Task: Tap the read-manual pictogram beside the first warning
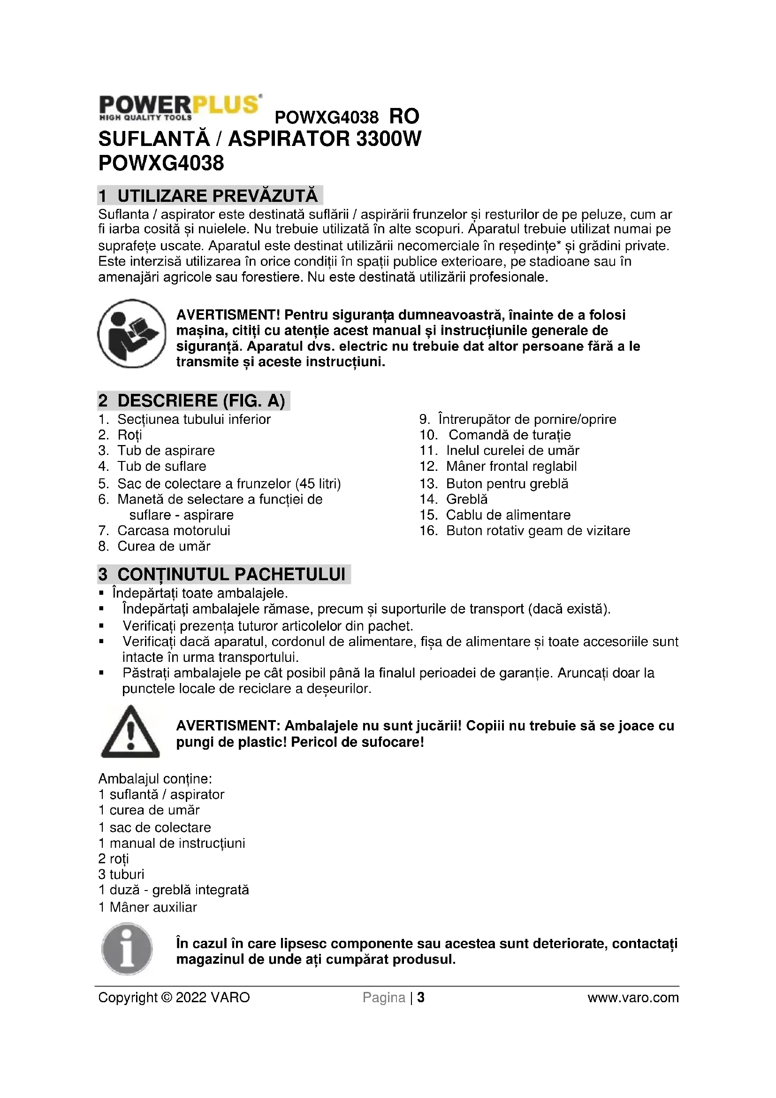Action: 132,333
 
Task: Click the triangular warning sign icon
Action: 130,732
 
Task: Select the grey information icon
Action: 127,949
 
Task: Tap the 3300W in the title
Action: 388,138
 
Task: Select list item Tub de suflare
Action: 161,466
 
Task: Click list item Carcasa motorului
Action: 174,530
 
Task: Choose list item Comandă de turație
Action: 510,435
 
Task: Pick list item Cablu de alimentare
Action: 508,514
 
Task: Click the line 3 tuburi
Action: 122,874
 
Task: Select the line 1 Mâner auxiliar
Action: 148,907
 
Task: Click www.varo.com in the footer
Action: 632,998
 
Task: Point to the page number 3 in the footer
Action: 420,998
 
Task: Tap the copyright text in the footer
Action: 174,998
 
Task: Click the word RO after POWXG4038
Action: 404,116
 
